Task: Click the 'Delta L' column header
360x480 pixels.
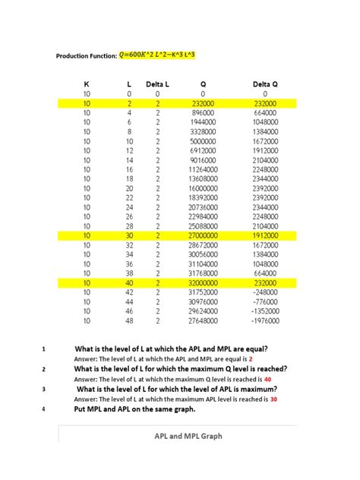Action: pos(157,84)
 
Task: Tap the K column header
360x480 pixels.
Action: pos(87,84)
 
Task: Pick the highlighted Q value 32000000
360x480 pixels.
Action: pos(203,283)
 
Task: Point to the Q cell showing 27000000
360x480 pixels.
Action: pos(203,236)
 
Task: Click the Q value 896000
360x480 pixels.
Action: pos(203,112)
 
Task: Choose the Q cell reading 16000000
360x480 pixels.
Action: pos(203,188)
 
